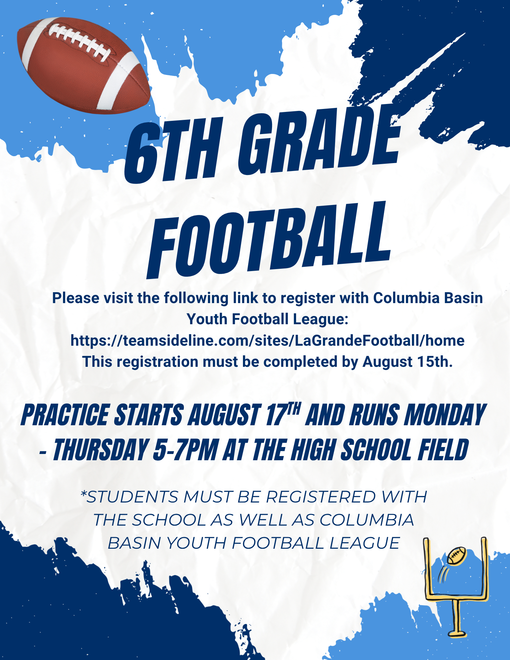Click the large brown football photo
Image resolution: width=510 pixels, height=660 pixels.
coord(84,65)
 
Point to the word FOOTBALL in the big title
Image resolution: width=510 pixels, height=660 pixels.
coord(269,240)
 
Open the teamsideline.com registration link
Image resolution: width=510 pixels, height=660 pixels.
coord(267,340)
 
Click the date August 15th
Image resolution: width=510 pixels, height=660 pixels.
coord(407,362)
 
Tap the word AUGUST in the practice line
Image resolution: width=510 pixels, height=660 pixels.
coord(224,415)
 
